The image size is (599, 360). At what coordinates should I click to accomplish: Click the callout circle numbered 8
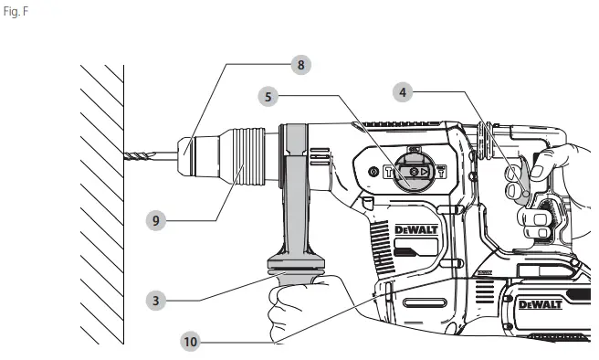pyautogui.click(x=299, y=64)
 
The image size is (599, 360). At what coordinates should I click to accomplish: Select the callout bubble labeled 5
pyautogui.click(x=268, y=94)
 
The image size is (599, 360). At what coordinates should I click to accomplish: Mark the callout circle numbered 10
pyautogui.click(x=190, y=342)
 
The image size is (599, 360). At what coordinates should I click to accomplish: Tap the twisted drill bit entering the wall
pyautogui.click(x=147, y=156)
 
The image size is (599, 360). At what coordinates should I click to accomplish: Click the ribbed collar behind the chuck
pyautogui.click(x=250, y=156)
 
